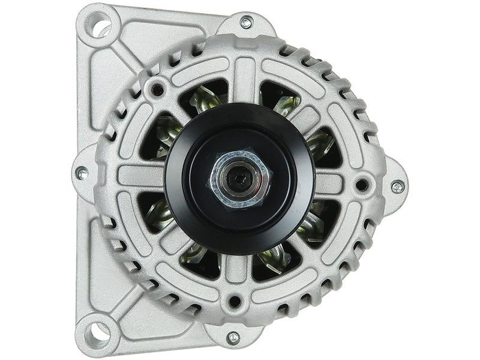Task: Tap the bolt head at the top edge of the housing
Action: [245, 22]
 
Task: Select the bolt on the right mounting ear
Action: [397, 187]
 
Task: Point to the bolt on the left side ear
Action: [82, 174]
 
